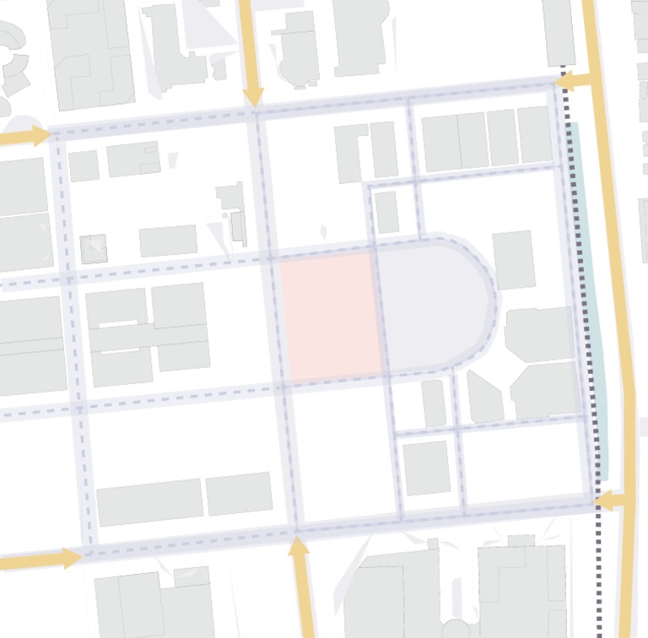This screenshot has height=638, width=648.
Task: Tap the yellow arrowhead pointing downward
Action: (x=251, y=96)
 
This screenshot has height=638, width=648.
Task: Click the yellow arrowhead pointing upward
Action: (x=299, y=547)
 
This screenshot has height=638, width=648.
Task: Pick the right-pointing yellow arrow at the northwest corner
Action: (x=39, y=135)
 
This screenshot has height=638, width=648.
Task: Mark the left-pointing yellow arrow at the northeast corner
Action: (x=567, y=82)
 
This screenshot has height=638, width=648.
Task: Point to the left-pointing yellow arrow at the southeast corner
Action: (x=605, y=502)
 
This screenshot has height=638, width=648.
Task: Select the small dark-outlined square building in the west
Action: (x=94, y=249)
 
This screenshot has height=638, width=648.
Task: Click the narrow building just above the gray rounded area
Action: (x=386, y=212)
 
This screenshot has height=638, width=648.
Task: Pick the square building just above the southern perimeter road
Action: (x=426, y=468)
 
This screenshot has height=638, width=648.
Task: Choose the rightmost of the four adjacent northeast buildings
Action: (x=534, y=134)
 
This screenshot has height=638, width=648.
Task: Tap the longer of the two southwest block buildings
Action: (x=149, y=502)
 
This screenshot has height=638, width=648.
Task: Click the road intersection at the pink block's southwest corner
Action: (x=282, y=388)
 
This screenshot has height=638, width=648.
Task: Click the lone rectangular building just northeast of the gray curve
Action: (x=513, y=259)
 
